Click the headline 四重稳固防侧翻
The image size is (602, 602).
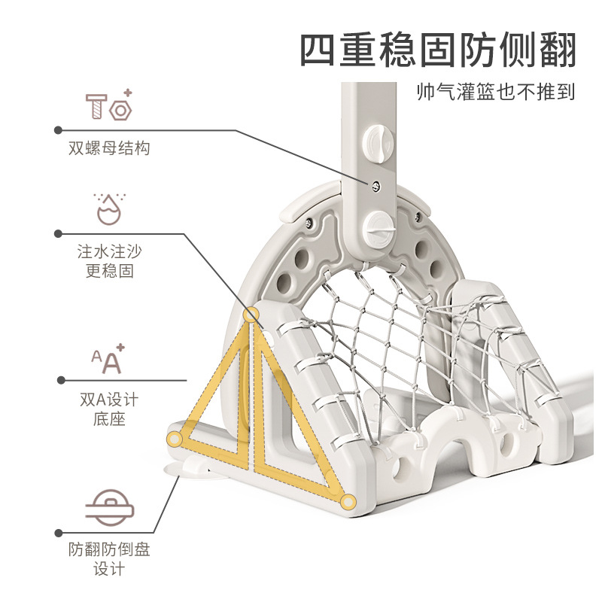439,50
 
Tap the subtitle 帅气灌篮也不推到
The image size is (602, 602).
497,92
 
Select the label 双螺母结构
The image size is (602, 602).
109,148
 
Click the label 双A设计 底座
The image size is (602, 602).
109,409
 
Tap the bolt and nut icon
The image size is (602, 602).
109,105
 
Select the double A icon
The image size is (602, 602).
109,360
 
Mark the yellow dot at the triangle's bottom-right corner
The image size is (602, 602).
348,500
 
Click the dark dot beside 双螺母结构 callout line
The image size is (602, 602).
57,129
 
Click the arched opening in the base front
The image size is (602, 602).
454,452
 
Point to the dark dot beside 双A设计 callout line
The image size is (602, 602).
57,380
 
